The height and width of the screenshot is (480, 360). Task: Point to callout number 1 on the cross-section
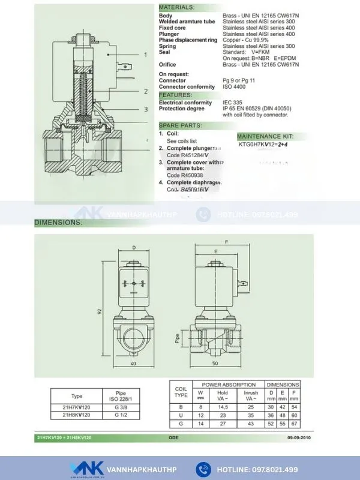145,55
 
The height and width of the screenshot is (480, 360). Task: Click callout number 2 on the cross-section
145,91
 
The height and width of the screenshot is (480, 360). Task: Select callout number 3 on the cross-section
145,110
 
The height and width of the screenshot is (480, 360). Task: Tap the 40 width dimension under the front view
133,364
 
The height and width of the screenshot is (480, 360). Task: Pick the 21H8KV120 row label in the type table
77,415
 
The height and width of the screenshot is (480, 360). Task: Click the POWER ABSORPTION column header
228,385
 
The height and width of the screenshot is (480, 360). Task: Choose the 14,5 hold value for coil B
223,407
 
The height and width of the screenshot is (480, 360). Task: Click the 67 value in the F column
294,423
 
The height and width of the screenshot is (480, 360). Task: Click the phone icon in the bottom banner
203,469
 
